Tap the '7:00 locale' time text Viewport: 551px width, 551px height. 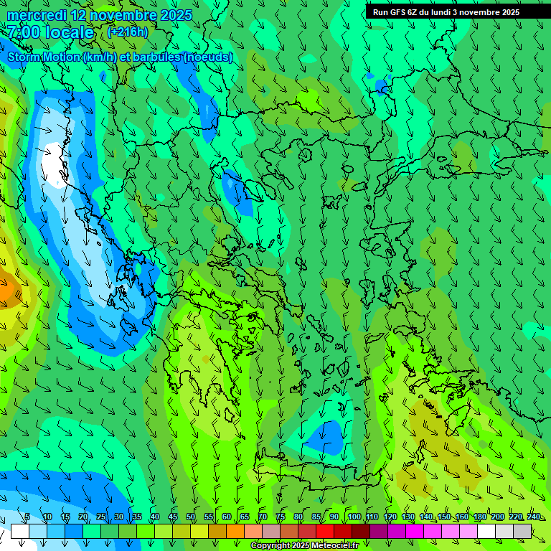pyautogui.click(x=50, y=32)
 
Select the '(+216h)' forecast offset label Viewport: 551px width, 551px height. pyautogui.click(x=128, y=32)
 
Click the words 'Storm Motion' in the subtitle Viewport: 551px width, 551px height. pyautogui.click(x=44, y=57)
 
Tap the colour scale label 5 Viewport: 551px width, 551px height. pyautogui.click(x=27, y=517)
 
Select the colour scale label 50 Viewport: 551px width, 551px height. pyautogui.click(x=191, y=517)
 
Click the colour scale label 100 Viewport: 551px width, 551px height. pyautogui.click(x=354, y=517)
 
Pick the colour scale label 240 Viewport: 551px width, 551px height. pyautogui.click(x=533, y=517)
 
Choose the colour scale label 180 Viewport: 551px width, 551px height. pyautogui.click(x=479, y=517)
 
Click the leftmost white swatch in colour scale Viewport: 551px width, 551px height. pyautogui.click(x=19, y=531)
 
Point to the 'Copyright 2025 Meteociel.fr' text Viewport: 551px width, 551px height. pyautogui.click(x=304, y=546)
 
